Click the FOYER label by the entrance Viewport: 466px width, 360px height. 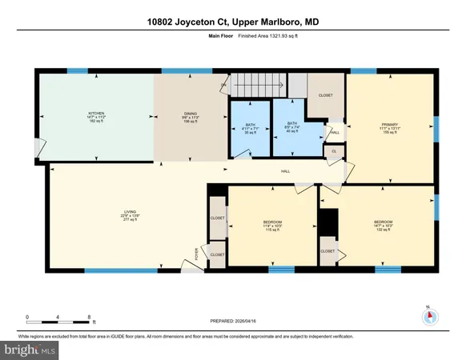[x=197, y=254]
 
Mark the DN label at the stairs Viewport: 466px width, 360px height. [x=223, y=87]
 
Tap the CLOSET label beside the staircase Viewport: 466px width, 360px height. [x=325, y=95]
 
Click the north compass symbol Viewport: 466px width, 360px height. [x=431, y=314]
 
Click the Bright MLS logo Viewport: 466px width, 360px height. [x=29, y=350]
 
